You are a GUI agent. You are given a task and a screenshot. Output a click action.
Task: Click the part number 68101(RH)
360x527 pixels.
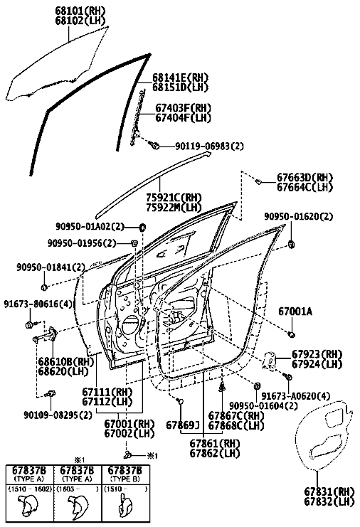point(80,11)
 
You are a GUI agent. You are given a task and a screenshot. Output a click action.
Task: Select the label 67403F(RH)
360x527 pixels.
point(183,108)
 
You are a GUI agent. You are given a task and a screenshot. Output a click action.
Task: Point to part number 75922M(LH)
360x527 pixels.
point(174,208)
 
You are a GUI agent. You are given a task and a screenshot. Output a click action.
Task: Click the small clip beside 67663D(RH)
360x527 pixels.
point(258,181)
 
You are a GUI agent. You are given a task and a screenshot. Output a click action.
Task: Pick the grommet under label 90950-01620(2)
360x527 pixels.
point(291,245)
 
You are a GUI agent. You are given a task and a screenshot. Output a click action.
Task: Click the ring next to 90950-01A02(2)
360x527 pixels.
point(143,227)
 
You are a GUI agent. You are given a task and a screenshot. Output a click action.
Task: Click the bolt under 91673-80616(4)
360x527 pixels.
point(31,324)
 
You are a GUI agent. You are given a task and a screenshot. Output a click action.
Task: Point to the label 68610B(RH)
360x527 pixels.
point(65,362)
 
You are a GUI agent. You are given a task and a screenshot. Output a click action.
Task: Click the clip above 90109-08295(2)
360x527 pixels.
point(51,394)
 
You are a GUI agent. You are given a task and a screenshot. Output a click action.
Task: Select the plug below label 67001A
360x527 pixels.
point(292,334)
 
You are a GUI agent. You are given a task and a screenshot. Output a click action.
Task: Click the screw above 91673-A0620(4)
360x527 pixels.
point(287,376)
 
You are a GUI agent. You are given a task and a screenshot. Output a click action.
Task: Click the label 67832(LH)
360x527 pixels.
point(329,502)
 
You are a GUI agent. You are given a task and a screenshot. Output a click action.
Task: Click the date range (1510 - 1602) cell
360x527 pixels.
point(30,489)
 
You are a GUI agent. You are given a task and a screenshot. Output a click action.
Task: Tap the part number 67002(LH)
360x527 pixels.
point(129,434)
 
